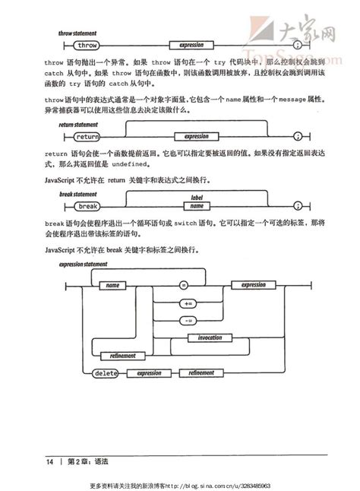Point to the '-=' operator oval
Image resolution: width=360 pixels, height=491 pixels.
tap(188, 319)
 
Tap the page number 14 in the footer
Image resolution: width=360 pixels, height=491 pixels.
tap(49, 462)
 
